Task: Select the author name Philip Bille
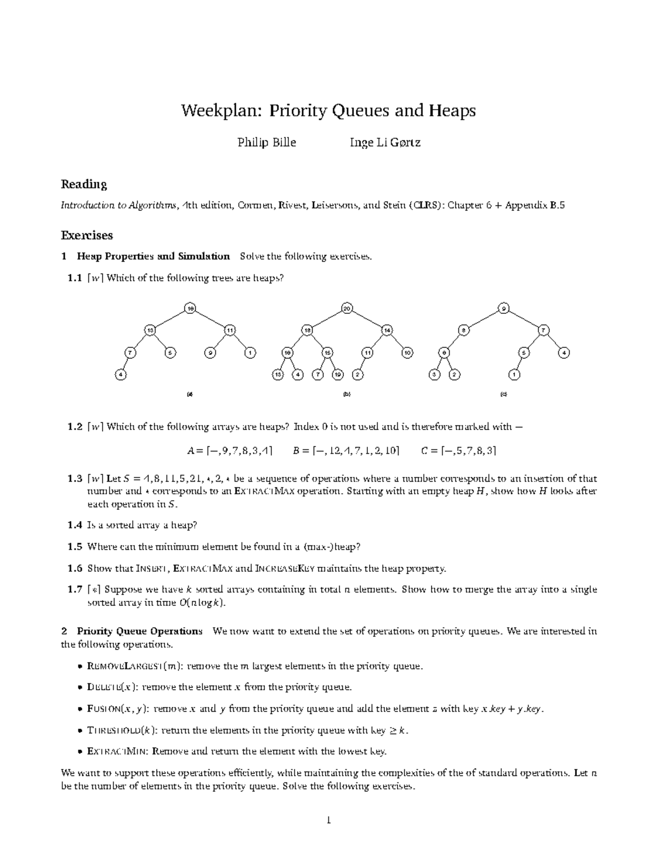[x=266, y=143]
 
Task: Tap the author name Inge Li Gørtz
[x=385, y=143]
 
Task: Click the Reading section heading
[x=83, y=184]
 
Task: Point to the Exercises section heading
[x=87, y=235]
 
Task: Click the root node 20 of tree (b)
[x=346, y=308]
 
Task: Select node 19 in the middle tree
[x=338, y=375]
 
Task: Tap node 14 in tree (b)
[x=387, y=330]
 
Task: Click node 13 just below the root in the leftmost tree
[x=150, y=330]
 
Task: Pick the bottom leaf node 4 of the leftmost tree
[x=120, y=375]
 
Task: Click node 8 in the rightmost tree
[x=463, y=330]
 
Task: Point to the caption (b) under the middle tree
[x=346, y=394]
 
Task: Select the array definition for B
[x=346, y=451]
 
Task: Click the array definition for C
[x=458, y=451]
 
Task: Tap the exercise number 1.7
[x=75, y=590]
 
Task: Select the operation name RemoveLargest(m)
[x=132, y=667]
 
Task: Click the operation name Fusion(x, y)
[x=117, y=709]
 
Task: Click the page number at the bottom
[x=328, y=821]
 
